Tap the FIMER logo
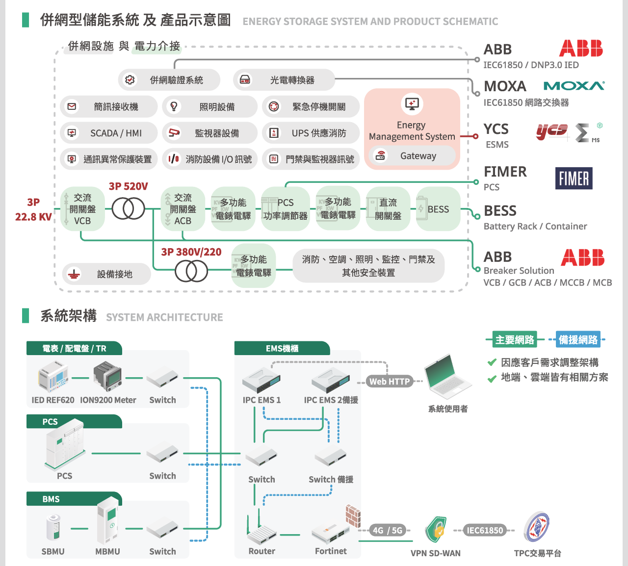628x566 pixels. click(x=574, y=179)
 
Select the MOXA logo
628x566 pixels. click(x=574, y=86)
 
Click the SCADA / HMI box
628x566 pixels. click(x=109, y=133)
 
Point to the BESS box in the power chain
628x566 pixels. click(x=438, y=209)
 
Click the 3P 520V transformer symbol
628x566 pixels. click(x=128, y=209)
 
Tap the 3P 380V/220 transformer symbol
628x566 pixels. click(x=191, y=271)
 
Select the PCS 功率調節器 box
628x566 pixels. click(x=285, y=209)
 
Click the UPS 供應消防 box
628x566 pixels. click(x=311, y=133)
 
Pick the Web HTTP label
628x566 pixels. click(x=390, y=382)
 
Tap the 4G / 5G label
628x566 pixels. click(x=387, y=530)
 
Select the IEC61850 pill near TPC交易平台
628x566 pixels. click(x=484, y=530)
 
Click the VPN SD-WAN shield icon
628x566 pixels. click(x=436, y=529)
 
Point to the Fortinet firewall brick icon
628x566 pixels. click(x=353, y=516)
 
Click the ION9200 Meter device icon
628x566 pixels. click(x=107, y=376)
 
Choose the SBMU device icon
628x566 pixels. click(x=53, y=527)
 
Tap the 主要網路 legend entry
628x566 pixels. click(x=514, y=339)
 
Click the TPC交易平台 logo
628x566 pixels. click(x=537, y=527)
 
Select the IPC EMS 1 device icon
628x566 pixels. click(x=262, y=380)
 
